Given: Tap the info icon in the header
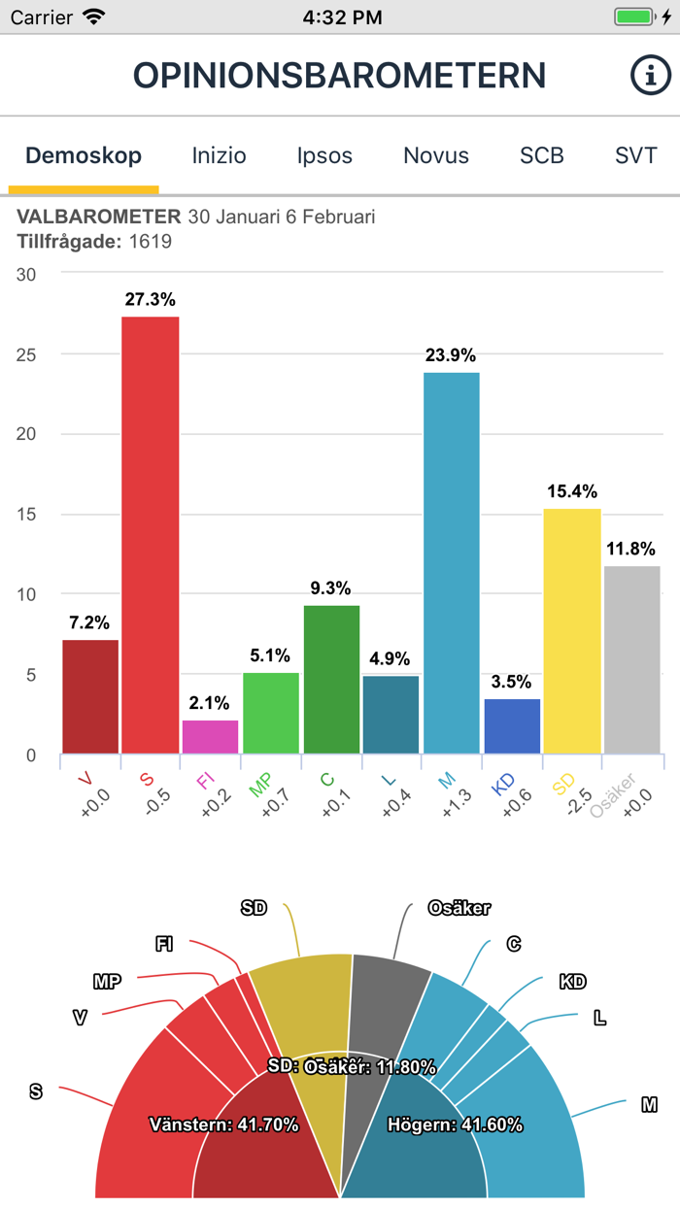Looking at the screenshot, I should (x=651, y=75).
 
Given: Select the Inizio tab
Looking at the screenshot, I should (x=219, y=155).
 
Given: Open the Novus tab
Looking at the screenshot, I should (x=436, y=155).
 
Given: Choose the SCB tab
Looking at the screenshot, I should (x=541, y=155).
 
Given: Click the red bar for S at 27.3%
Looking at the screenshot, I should (x=150, y=534).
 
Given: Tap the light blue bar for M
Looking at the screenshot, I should (x=452, y=563).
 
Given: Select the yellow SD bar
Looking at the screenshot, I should (x=572, y=631).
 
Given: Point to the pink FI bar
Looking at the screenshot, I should (x=210, y=737).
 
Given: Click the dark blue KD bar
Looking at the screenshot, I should (x=512, y=726).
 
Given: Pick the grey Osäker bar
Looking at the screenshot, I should (x=631, y=660).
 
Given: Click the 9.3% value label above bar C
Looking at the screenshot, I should (x=331, y=588).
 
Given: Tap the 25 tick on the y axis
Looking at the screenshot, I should (x=26, y=354).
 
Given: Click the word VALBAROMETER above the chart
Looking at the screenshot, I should (x=99, y=217).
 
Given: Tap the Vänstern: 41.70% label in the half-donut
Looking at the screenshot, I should (x=223, y=1125).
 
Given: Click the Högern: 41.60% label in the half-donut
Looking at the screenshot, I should (x=455, y=1125).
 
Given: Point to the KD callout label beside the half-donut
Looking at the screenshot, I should (x=572, y=982).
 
